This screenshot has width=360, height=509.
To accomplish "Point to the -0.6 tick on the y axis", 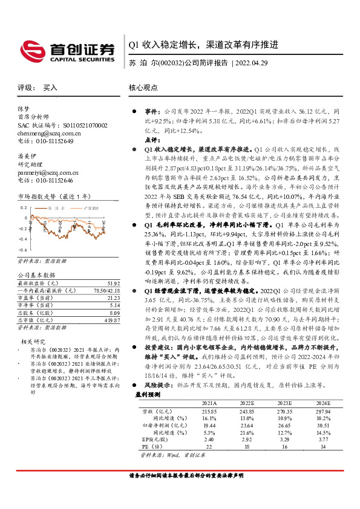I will point(22,249).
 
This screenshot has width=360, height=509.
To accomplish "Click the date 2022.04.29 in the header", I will point(258,63).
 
